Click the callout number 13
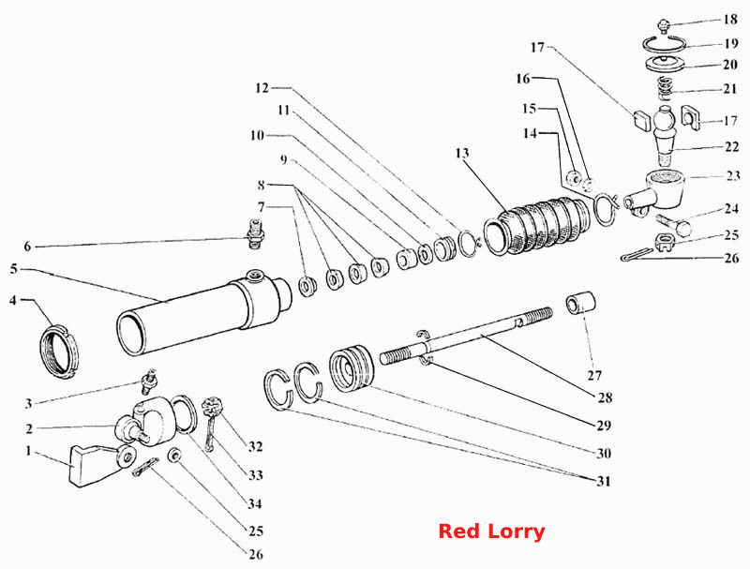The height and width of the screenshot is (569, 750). (x=462, y=153)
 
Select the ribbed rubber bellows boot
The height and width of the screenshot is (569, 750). (x=537, y=227)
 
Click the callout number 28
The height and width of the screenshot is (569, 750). (x=605, y=397)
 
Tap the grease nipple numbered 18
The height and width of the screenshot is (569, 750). (x=663, y=26)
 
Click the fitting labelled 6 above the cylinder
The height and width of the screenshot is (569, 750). (x=256, y=233)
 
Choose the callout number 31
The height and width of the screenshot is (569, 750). (x=604, y=481)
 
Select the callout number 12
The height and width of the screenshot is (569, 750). (x=262, y=88)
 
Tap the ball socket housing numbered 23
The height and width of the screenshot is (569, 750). (x=658, y=192)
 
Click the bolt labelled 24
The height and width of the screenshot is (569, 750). (x=675, y=225)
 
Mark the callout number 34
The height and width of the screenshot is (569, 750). (x=254, y=503)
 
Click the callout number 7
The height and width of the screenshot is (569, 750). (x=261, y=207)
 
